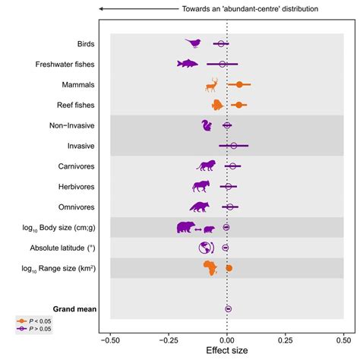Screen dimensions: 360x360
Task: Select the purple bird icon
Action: tap(194, 43)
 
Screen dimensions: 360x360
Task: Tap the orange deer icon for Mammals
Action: tap(211, 84)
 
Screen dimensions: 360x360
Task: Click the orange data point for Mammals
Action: tap(239, 85)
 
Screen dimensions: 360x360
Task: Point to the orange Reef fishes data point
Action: tap(238, 105)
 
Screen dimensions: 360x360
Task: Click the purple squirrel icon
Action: tap(207, 125)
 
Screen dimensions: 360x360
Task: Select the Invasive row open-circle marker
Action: tap(233, 145)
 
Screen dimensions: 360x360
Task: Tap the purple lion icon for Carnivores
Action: tap(207, 166)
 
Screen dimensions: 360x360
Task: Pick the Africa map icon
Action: tap(210, 267)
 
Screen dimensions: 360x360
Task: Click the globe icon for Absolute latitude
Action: tap(205, 247)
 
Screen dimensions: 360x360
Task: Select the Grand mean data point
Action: tap(228, 308)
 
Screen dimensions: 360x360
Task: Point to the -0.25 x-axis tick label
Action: tap(169, 341)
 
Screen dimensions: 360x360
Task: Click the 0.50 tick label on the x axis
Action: tap(343, 341)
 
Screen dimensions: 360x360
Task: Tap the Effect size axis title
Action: tap(227, 352)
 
